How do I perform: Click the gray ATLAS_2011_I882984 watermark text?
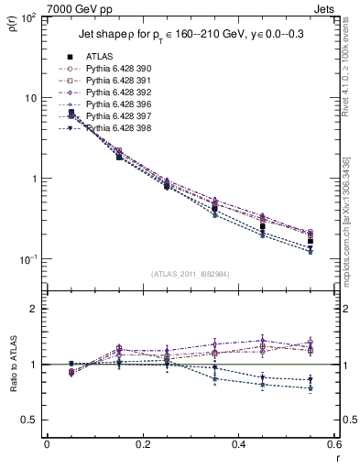pos(190,273)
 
